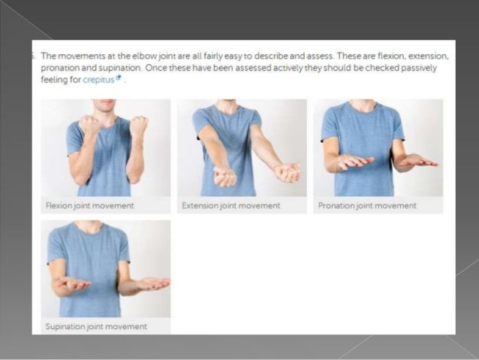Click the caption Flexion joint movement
point(90,205)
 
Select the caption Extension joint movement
point(231,205)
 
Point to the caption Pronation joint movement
point(367,205)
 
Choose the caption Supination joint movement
point(96,326)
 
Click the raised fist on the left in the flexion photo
point(90,125)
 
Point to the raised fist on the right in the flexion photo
point(138,126)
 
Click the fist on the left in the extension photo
point(224,176)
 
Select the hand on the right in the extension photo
point(288,172)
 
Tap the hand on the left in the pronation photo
point(354,161)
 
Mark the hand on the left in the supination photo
point(76,283)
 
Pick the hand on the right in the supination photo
point(152,283)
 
